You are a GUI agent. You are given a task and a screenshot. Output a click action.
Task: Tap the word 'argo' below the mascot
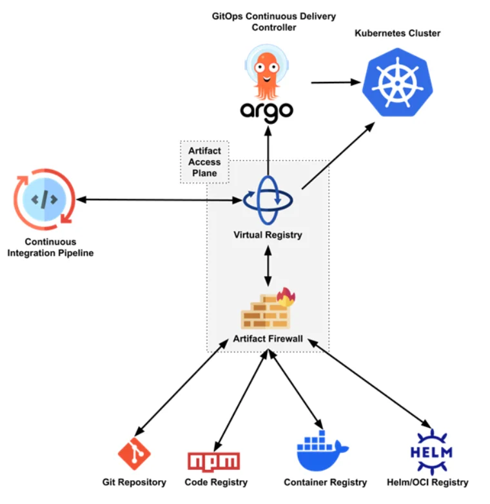tap(267, 111)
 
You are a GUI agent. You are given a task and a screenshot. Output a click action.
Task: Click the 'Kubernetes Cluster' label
tap(398, 33)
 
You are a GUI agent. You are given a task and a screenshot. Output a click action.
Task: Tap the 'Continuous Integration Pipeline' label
tap(50, 248)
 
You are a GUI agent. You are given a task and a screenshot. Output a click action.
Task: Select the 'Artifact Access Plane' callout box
tap(204, 162)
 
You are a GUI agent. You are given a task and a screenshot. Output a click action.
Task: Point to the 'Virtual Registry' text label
tap(268, 235)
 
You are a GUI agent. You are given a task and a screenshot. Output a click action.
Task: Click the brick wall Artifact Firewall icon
tap(264, 312)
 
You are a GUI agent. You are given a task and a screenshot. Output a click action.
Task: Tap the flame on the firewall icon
tap(286, 297)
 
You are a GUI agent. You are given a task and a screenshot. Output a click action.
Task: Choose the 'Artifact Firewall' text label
tap(268, 339)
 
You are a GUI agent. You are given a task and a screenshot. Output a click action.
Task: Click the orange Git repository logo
tap(134, 454)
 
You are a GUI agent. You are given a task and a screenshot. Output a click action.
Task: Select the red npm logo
tap(213, 461)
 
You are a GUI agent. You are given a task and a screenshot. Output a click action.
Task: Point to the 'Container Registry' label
tap(325, 482)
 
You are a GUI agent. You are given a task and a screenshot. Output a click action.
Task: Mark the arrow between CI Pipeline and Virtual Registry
tap(158, 200)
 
